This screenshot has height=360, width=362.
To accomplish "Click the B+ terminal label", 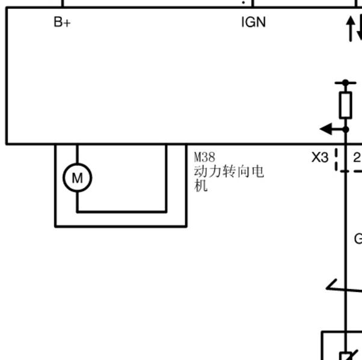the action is pyautogui.click(x=62, y=22).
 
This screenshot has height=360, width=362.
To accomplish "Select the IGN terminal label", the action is pyautogui.click(x=253, y=22).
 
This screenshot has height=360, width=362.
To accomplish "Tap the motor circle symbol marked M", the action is pyautogui.click(x=78, y=178).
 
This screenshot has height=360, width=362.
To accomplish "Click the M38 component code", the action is pyautogui.click(x=204, y=157).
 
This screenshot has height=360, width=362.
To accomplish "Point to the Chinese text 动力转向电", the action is pyautogui.click(x=229, y=171).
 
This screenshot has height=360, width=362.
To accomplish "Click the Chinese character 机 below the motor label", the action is pyautogui.click(x=201, y=186).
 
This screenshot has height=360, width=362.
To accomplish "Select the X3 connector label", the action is pyautogui.click(x=320, y=157).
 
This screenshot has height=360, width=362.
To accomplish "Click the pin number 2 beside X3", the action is pyautogui.click(x=357, y=158).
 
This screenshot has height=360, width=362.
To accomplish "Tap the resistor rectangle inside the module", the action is pyautogui.click(x=346, y=105).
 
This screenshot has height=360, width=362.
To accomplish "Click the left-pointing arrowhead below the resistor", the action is pyautogui.click(x=326, y=129).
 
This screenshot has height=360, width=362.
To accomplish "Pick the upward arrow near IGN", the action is pyautogui.click(x=351, y=29).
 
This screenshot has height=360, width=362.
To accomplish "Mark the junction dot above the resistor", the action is pyautogui.click(x=345, y=82).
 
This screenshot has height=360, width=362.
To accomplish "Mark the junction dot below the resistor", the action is pyautogui.click(x=346, y=130).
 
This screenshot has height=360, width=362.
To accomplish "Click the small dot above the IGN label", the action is pyautogui.click(x=244, y=2).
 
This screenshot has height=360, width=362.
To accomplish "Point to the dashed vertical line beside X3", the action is pyautogui.click(x=336, y=159).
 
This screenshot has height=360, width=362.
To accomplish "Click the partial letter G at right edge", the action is pyautogui.click(x=358, y=239).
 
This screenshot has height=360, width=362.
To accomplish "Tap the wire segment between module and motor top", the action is pyautogui.click(x=77, y=154).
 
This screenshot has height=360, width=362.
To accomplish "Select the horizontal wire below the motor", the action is pyautogui.click(x=121, y=212).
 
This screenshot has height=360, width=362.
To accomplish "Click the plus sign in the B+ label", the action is pyautogui.click(x=67, y=23).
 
